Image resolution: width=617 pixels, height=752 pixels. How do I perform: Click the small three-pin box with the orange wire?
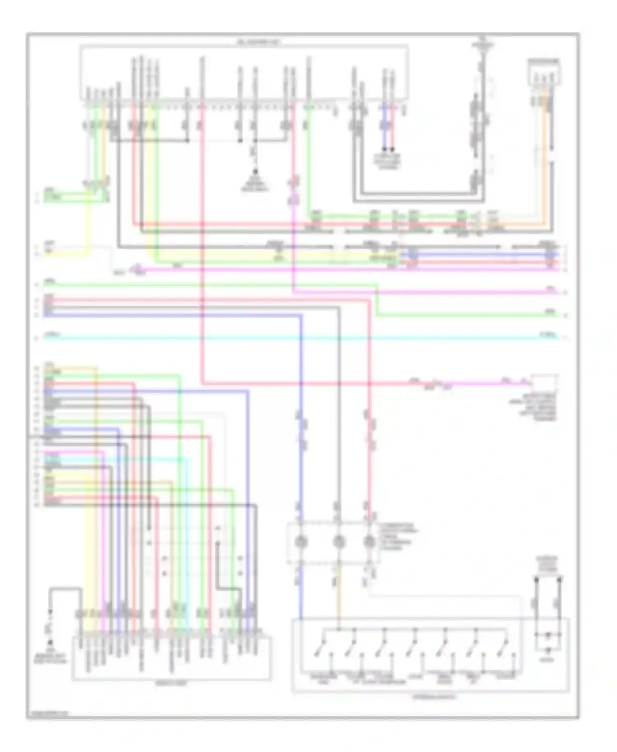coord(544,72)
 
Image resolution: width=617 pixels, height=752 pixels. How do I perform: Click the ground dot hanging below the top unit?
coord(255,172)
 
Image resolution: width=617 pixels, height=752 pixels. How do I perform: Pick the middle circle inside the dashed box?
coord(338,542)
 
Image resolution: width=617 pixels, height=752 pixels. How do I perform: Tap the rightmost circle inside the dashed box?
coord(369,542)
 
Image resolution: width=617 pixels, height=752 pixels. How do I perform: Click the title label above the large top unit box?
coord(258,42)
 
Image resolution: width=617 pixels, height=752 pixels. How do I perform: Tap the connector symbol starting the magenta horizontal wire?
coord(136,269)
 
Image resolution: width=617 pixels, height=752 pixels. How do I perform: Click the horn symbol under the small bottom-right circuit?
coord(547,650)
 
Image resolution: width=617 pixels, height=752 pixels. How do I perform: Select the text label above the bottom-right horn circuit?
coord(547,565)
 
